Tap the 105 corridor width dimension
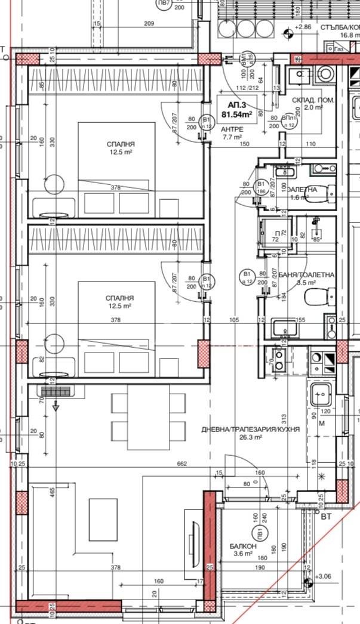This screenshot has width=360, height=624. click(233, 320)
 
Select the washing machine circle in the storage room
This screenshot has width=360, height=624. click(325, 73)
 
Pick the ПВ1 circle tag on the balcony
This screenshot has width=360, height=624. click(260, 533)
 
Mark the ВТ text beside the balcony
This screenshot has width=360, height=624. click(325, 517)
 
